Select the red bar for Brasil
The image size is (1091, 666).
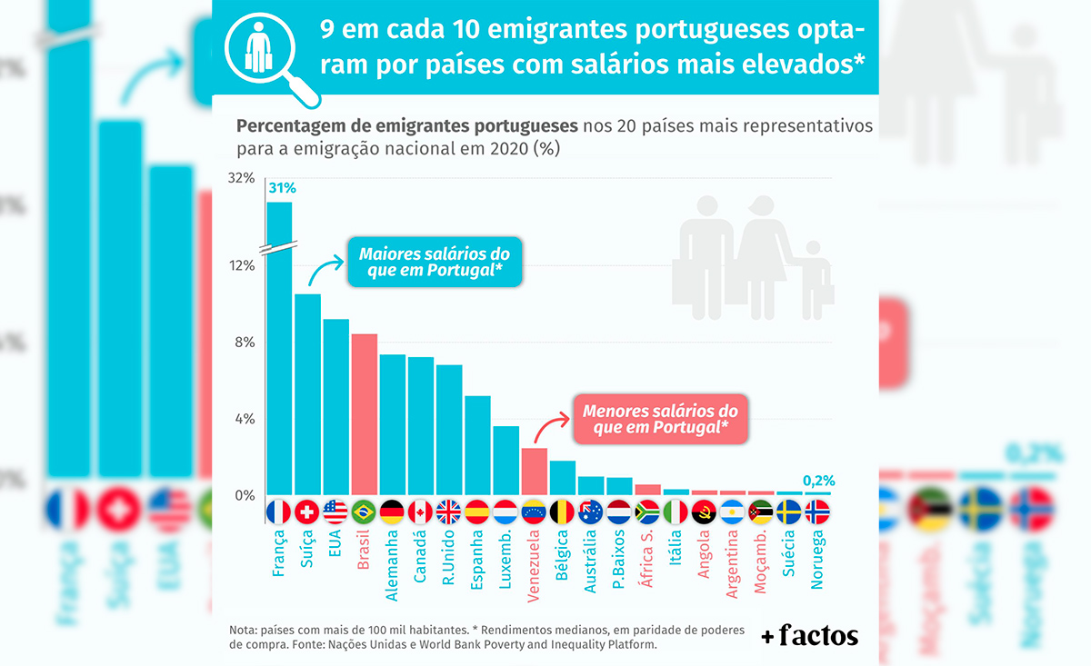pos(364,413)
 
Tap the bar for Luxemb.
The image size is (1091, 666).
pos(505,460)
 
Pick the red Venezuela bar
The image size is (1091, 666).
pos(534,471)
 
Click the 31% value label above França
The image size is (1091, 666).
pos(282,189)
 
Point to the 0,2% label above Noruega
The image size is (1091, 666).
pos(819,481)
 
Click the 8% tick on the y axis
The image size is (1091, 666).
pos(243,343)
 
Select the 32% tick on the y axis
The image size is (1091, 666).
pos(241,177)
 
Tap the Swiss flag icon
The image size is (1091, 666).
pos(307,512)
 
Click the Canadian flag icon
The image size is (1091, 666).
pos(420,512)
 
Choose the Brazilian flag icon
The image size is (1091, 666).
pos(364,512)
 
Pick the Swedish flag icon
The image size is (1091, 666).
pos(789,512)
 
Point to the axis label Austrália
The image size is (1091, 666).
pos(590,562)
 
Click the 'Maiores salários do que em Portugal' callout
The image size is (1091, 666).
pos(435,263)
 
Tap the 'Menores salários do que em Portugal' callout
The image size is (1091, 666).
pos(659,419)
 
